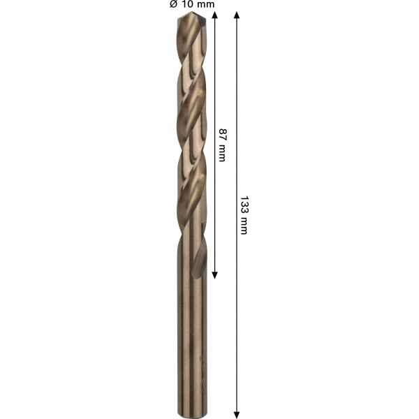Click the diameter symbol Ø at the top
[173, 4]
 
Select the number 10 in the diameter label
[186, 4]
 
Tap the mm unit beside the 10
[205, 5]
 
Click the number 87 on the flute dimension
[222, 134]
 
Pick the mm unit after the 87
[222, 154]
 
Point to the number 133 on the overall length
[244, 205]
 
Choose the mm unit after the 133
[244, 226]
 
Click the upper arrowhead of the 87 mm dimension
[214, 15]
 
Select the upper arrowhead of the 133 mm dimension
[237, 15]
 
